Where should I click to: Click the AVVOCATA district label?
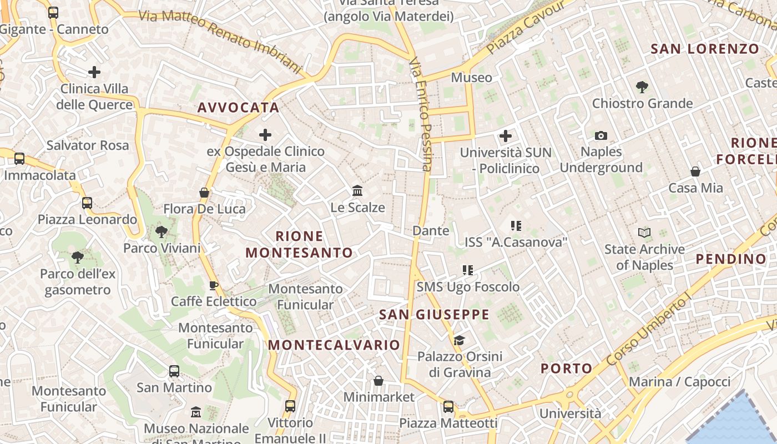(238, 108)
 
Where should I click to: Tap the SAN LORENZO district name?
(705, 49)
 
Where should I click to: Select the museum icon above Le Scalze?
(357, 191)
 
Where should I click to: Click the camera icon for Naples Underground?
(601, 135)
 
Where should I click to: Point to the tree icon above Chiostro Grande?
(642, 87)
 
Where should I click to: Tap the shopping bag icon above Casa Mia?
(695, 171)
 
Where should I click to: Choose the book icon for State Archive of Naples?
(644, 233)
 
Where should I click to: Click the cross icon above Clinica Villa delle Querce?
(94, 72)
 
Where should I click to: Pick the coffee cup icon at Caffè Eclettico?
(213, 285)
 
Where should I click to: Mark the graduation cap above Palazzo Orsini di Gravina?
(459, 340)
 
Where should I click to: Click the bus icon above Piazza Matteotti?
(448, 407)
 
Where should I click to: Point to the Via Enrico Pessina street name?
(420, 114)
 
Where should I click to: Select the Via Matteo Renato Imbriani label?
(220, 41)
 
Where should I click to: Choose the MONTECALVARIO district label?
(334, 345)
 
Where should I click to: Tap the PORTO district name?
(566, 369)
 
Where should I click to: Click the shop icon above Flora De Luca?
(204, 193)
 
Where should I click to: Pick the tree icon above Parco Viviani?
(162, 231)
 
